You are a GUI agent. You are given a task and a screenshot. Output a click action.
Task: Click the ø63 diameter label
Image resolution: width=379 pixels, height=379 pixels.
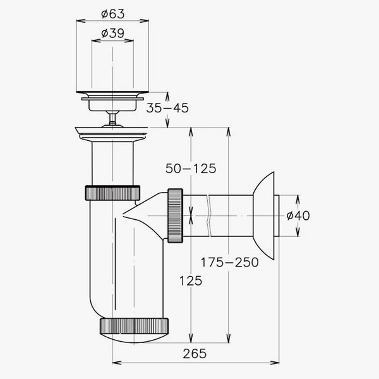click(112, 14)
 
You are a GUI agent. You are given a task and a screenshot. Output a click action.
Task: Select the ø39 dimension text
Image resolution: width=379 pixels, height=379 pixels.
click(112, 33)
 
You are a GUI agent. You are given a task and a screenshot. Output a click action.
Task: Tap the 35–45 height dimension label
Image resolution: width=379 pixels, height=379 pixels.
click(167, 108)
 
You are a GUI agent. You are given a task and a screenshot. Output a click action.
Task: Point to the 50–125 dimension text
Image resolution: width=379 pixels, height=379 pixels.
click(191, 169)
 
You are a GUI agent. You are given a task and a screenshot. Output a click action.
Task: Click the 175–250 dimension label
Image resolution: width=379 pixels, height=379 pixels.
click(230, 262)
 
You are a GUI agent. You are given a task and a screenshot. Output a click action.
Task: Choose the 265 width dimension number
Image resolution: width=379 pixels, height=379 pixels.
click(195, 354)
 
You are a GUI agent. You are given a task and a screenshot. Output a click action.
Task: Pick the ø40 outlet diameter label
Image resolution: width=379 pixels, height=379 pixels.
click(298, 215)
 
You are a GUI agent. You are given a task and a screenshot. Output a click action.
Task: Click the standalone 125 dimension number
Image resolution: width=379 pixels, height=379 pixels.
click(191, 281)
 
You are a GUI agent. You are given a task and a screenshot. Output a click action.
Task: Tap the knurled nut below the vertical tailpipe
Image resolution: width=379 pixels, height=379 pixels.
click(112, 193)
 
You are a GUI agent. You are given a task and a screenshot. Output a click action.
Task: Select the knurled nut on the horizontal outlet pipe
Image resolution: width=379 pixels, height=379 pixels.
click(175, 215)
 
